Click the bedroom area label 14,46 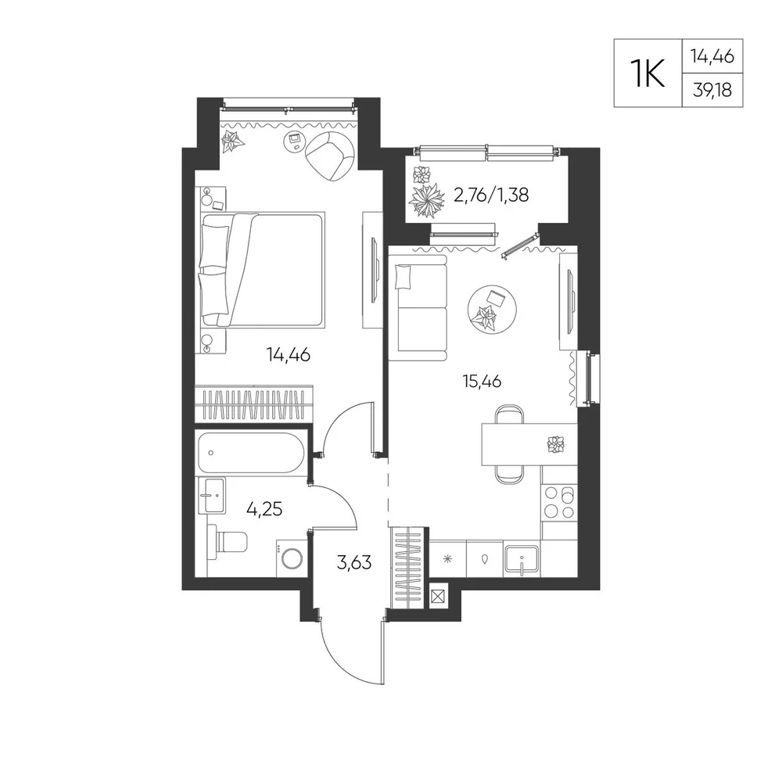[x=289, y=355]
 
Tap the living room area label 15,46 [x=482, y=382]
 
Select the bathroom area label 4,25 [x=264, y=509]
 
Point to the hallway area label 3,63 [x=354, y=562]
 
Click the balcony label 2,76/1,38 [x=491, y=195]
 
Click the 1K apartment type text [x=647, y=74]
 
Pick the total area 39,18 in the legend [x=712, y=90]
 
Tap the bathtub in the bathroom [x=251, y=453]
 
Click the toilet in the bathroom [x=228, y=542]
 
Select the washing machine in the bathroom [x=290, y=558]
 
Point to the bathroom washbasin [x=212, y=495]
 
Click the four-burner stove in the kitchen [x=559, y=502]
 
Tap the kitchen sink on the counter [x=522, y=560]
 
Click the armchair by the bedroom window [x=330, y=156]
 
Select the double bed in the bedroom [x=263, y=270]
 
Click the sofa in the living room [x=418, y=307]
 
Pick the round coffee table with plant [x=492, y=309]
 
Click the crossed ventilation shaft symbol [x=439, y=597]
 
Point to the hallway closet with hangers [x=409, y=568]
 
